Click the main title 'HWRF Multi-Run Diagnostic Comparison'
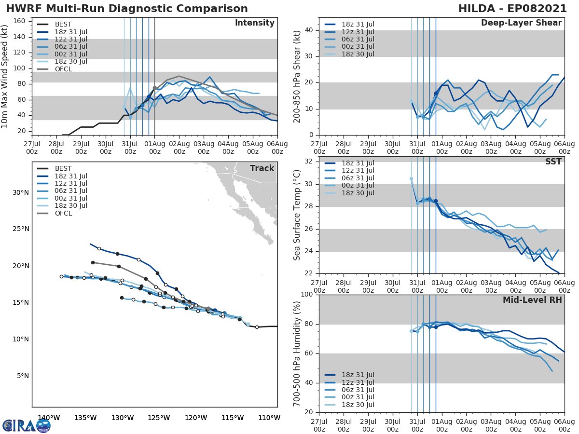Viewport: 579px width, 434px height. coord(127,9)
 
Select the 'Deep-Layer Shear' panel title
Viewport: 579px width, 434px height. coord(521,23)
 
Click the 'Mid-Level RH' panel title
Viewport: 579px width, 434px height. coord(532,300)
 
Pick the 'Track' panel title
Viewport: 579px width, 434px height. coord(262,168)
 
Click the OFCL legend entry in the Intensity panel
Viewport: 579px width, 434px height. coord(63,69)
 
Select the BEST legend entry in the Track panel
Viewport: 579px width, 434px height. coord(63,168)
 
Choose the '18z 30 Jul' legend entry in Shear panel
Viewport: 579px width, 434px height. coord(357,54)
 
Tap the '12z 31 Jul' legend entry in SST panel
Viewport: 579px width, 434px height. coord(357,170)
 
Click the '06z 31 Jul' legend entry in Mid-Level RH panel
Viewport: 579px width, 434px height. coord(357,390)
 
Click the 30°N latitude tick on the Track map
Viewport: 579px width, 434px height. coord(21,192)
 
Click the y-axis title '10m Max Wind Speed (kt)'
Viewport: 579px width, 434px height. coord(6,77)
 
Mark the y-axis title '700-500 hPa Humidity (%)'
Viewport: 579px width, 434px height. coord(297,353)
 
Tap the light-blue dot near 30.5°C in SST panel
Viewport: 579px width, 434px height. coord(411,179)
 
